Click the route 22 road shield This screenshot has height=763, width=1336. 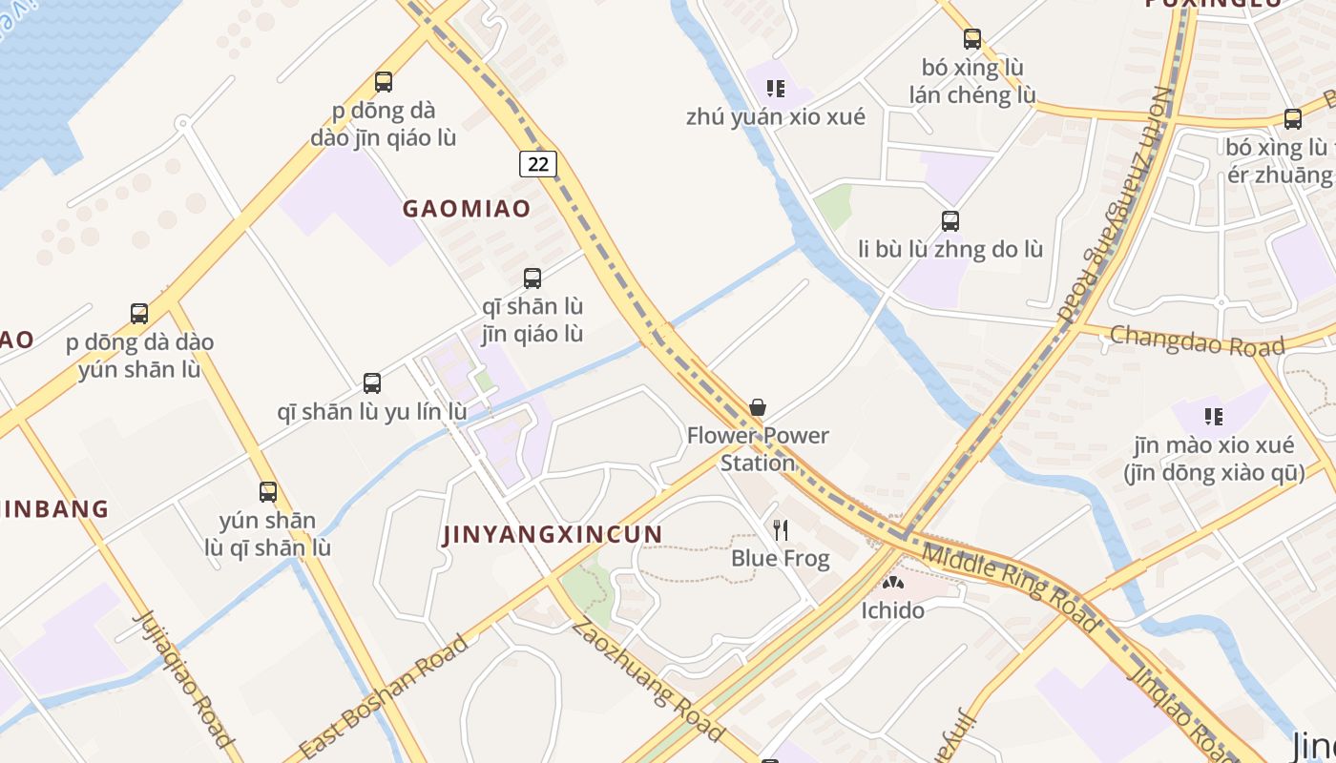(x=538, y=164)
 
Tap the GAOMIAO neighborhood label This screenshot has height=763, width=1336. (x=466, y=209)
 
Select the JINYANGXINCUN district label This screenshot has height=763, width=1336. (x=553, y=534)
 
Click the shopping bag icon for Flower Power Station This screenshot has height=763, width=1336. (x=758, y=408)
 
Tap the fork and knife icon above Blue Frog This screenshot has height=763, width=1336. (x=781, y=529)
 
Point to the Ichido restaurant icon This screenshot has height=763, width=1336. (x=892, y=582)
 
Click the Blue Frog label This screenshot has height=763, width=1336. (x=781, y=558)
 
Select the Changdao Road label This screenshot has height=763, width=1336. (x=1197, y=340)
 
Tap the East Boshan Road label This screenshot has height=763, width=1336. (x=384, y=695)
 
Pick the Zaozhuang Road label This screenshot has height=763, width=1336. (x=647, y=679)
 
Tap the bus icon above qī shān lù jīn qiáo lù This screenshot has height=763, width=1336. (x=532, y=278)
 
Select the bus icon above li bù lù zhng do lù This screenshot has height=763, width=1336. (x=950, y=221)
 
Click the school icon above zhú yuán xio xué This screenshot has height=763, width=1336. (x=776, y=89)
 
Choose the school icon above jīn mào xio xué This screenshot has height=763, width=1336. (x=1214, y=416)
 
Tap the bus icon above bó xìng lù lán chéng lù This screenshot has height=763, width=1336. (x=972, y=39)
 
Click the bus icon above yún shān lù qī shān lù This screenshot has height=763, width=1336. (x=268, y=492)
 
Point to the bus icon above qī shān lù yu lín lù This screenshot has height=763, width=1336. (x=372, y=383)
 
